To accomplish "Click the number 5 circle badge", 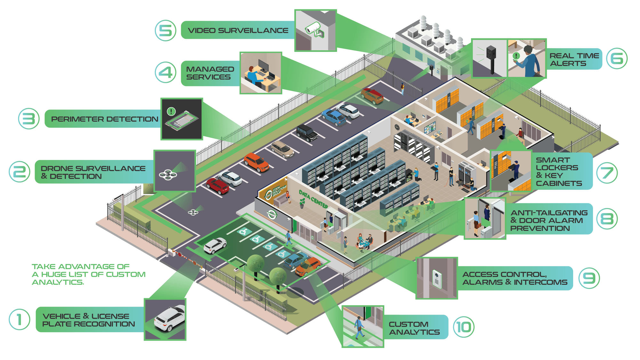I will pos(165,31).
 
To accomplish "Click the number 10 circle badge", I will pos(464,327).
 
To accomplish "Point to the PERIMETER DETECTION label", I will pos(105,119).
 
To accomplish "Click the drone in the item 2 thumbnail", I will pos(168,175).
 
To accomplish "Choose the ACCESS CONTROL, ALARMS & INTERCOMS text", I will pos(515,278).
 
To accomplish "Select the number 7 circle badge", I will pos(607,173).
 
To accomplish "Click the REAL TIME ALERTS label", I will pos(574,60).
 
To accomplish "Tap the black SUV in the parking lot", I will pos(307,132).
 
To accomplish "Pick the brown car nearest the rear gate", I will pos(372,95).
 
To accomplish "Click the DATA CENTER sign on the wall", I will pos(313,199).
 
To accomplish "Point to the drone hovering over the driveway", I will pos(193,212).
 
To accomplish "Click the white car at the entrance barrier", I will pos(215,245).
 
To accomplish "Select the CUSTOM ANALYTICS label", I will pos(414,328).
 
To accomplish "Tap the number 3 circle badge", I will pos(29,119).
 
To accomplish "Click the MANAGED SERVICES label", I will pos(210,73).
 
